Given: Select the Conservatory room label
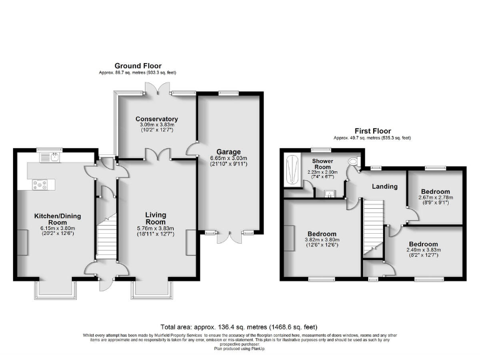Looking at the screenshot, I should pos(157,119).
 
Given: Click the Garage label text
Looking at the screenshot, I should pos(228,152).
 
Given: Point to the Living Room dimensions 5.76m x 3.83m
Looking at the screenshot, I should pos(157,229).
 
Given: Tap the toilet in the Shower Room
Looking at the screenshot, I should pos(354,162).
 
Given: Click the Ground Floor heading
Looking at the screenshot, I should pos(138,66).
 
